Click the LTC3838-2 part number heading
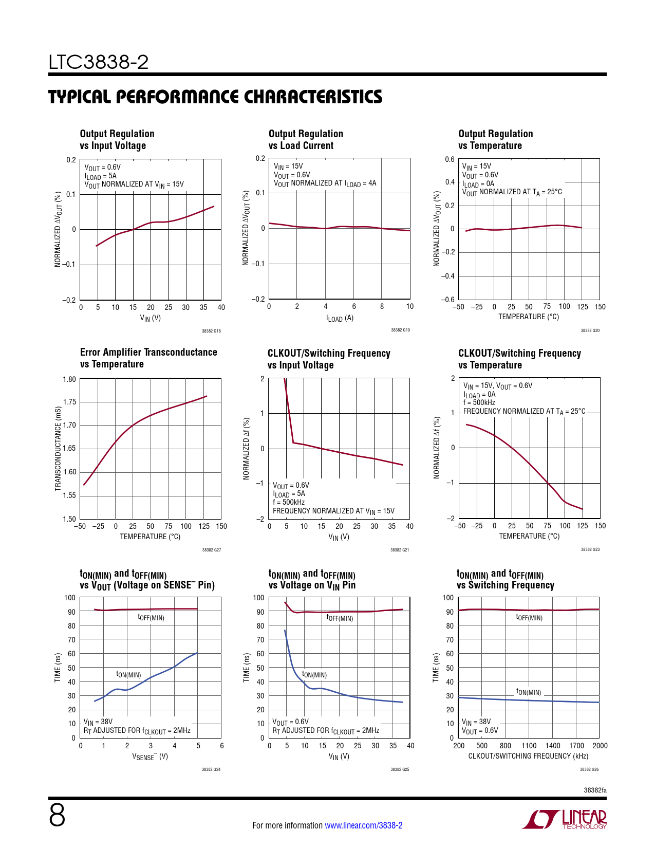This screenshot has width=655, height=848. [99, 63]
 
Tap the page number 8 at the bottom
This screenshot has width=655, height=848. [57, 816]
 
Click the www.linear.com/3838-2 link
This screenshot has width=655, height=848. [364, 825]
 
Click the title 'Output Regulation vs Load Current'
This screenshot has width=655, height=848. [306, 140]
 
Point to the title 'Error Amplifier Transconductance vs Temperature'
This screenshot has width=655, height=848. [148, 358]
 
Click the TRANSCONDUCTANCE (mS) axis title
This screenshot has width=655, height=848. [58, 449]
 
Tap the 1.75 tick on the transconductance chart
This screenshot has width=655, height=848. [69, 402]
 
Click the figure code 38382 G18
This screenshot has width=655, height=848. [211, 331]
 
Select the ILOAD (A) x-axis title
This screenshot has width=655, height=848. [340, 318]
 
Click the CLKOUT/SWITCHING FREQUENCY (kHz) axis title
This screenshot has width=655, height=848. [528, 756]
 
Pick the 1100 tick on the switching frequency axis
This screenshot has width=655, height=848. [529, 746]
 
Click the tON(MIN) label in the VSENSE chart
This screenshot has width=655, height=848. [128, 674]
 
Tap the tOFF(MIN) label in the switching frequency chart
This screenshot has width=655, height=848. [529, 617]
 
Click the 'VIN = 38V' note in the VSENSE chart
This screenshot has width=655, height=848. [98, 722]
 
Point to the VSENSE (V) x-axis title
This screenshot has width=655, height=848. [150, 757]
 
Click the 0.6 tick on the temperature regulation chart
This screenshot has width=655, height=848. [450, 159]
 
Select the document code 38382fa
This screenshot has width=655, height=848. [595, 790]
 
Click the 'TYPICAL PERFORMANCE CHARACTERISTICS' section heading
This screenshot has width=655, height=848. [215, 97]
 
